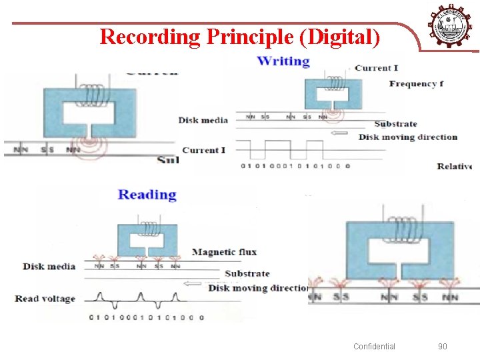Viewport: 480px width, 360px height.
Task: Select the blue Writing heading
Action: point(283,61)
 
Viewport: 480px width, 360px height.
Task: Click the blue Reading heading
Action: point(147,195)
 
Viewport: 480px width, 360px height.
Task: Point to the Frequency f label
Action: point(417,84)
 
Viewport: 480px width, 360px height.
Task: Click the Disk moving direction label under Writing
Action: point(408,137)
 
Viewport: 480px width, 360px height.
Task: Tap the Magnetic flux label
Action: point(224,252)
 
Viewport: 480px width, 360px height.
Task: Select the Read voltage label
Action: point(45,299)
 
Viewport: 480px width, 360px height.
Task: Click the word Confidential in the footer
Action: point(374,346)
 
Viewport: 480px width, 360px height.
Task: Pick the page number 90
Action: point(443,346)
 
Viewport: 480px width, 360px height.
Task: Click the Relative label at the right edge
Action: point(455,166)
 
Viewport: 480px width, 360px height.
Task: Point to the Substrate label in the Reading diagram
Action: point(247,273)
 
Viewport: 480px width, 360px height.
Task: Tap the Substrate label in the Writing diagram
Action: point(395,124)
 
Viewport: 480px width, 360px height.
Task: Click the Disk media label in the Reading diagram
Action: point(49,267)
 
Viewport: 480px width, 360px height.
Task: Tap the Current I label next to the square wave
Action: point(203,150)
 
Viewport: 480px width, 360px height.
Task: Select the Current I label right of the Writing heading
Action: point(377,68)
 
